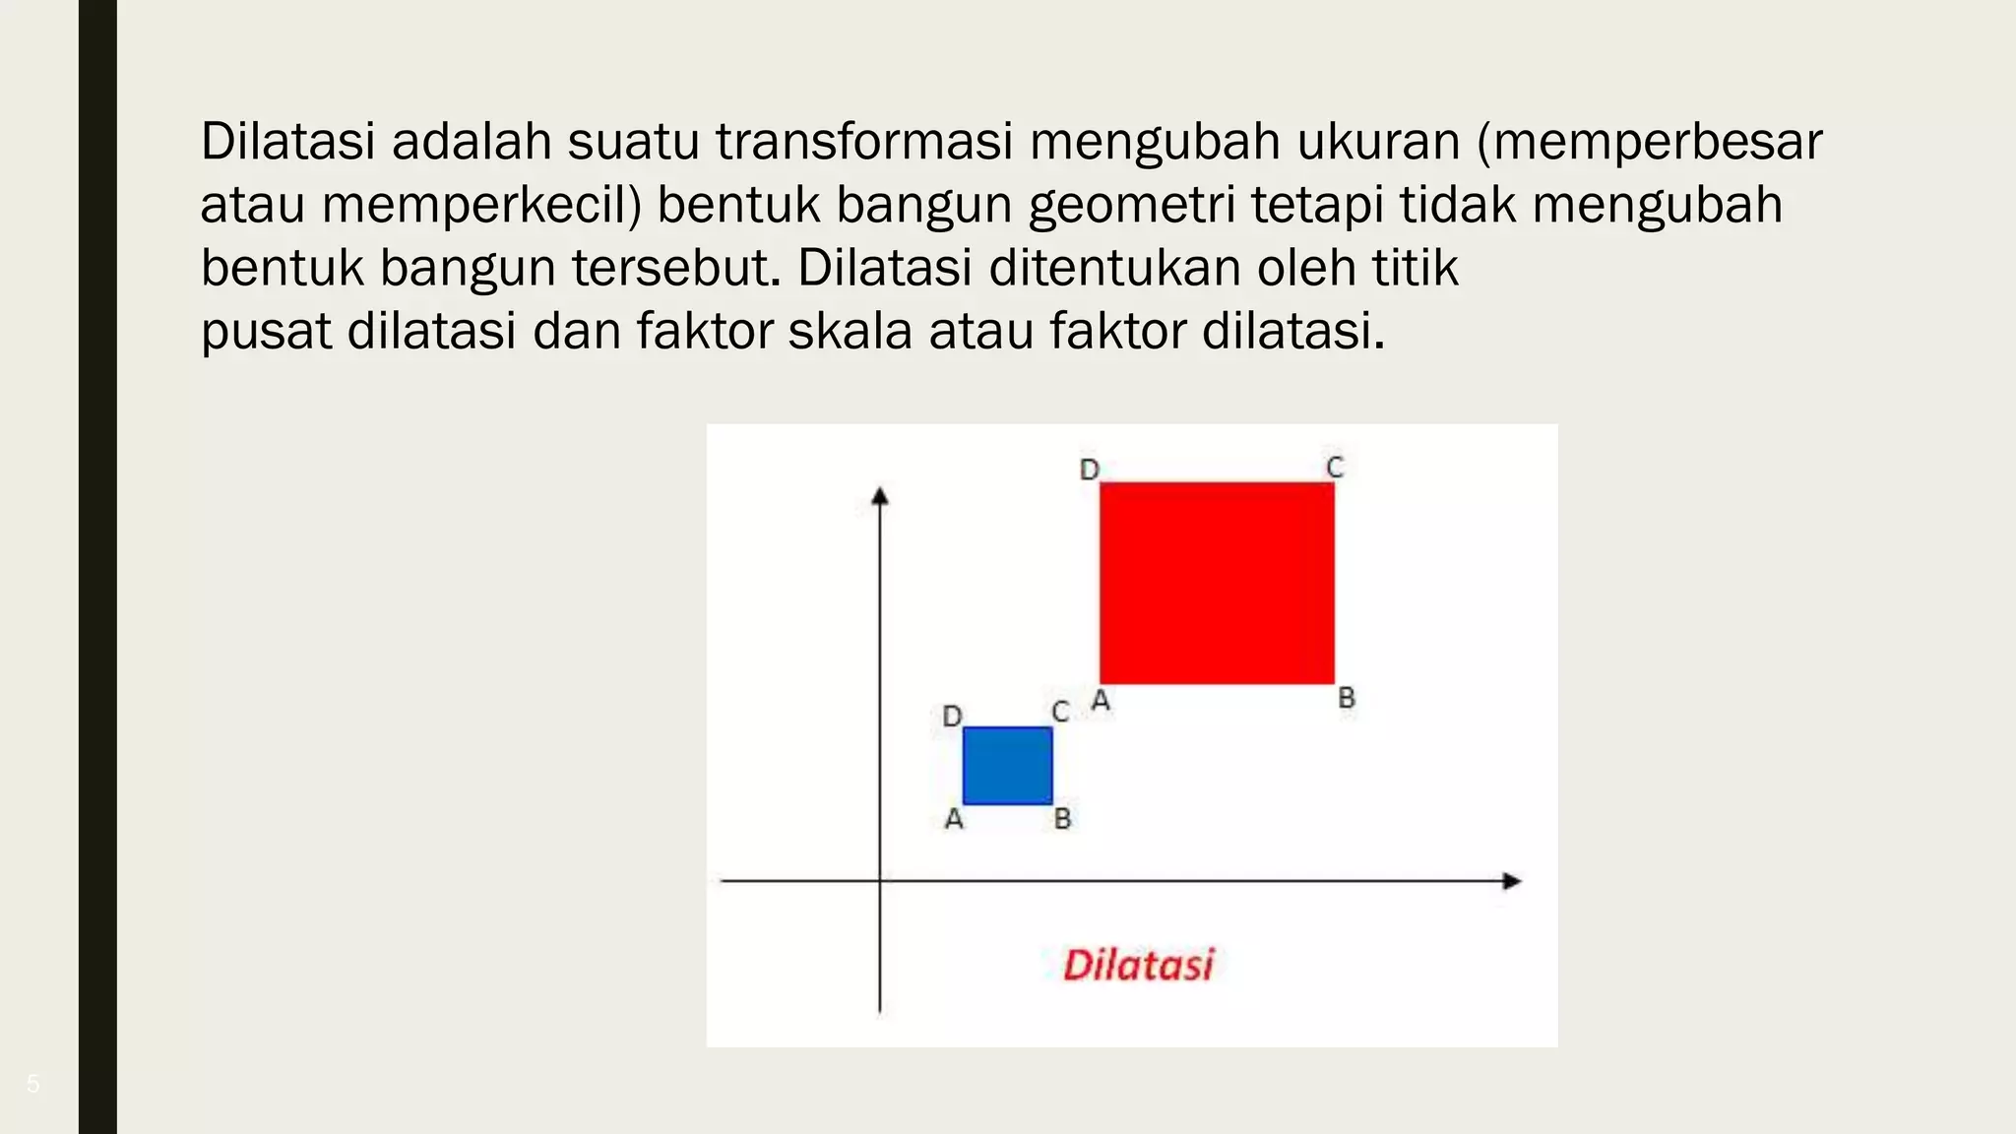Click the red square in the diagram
click(x=1217, y=583)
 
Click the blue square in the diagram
click(x=1007, y=765)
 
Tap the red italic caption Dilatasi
click(x=1139, y=965)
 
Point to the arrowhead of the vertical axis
click(x=880, y=496)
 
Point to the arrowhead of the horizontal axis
click(x=1512, y=881)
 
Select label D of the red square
click(x=1089, y=470)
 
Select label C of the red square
click(x=1335, y=467)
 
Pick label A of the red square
click(x=1102, y=701)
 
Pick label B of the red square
click(x=1347, y=698)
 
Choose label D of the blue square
click(x=952, y=716)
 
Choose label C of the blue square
click(x=1060, y=711)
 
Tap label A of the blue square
click(x=954, y=819)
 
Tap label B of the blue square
click(x=1062, y=818)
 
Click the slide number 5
click(x=33, y=1084)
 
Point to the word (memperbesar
click(x=1649, y=142)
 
